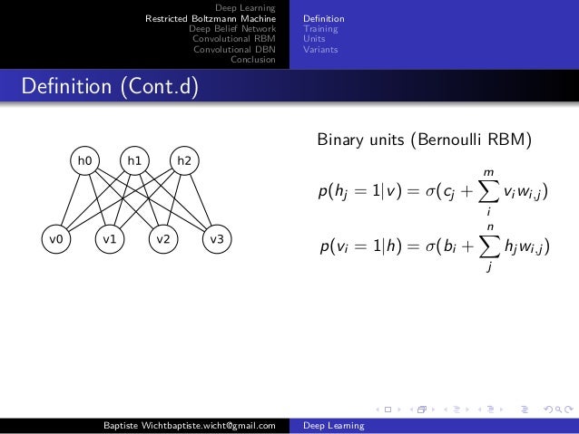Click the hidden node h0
(85, 161)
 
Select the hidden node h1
(134, 161)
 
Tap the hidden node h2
(183, 161)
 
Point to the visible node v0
(56, 240)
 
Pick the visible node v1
(110, 240)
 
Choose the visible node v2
(162, 240)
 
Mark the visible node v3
(216, 240)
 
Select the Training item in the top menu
(321, 29)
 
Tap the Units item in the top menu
(315, 39)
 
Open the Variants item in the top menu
(320, 50)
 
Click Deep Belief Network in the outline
(231, 29)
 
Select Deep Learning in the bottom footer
(333, 426)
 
